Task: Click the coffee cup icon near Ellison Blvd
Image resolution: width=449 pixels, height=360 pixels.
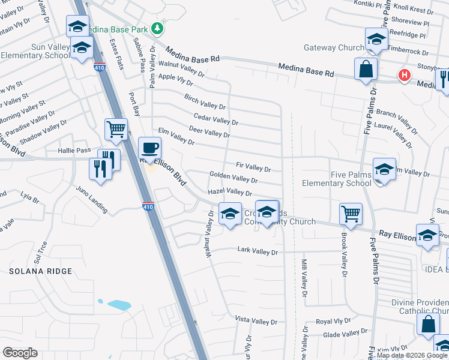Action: (150, 148)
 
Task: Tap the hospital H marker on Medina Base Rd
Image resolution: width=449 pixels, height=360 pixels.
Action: (405, 75)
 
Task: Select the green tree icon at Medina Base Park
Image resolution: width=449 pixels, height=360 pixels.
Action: (157, 28)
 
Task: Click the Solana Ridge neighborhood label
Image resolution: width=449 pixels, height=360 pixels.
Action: (40, 271)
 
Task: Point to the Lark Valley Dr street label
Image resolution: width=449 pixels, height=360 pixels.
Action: (258, 251)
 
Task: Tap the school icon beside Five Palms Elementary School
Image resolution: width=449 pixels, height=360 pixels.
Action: (384, 169)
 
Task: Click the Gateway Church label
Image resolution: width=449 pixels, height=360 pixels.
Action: (334, 47)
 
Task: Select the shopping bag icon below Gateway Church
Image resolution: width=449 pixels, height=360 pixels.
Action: (366, 69)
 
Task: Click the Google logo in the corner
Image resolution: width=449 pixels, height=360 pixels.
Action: (20, 352)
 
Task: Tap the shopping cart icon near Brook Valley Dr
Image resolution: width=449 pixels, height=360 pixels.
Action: (351, 213)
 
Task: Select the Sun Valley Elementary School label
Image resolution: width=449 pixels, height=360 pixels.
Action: (36, 51)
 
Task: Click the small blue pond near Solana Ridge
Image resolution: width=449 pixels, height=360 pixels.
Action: (119, 304)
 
